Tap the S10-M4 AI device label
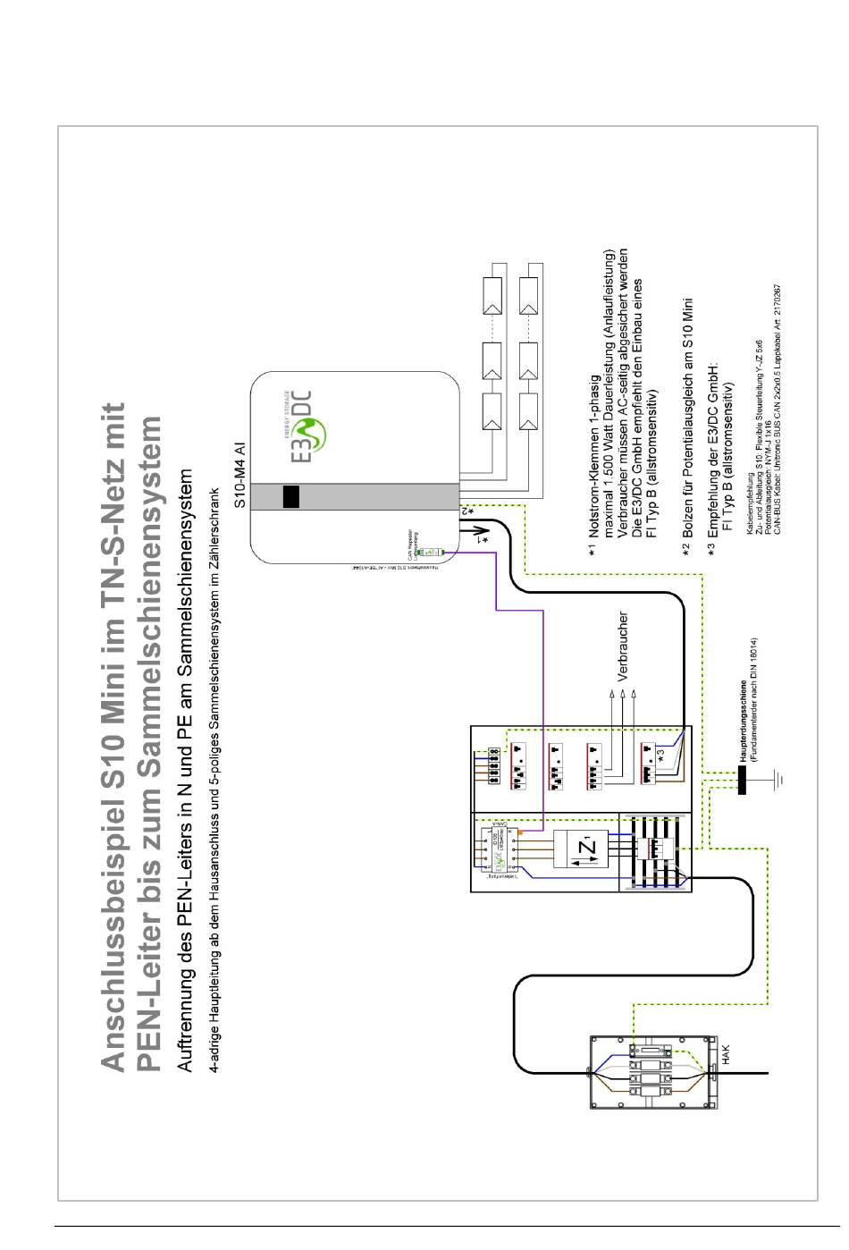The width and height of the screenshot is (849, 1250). click(240, 474)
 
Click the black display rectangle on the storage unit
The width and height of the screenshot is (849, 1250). click(290, 496)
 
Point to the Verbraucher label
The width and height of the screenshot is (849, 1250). click(623, 646)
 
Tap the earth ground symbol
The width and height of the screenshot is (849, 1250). click(780, 779)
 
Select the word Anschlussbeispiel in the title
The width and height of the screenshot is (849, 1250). click(113, 931)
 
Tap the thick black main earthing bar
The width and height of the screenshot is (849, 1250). click(741, 779)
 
